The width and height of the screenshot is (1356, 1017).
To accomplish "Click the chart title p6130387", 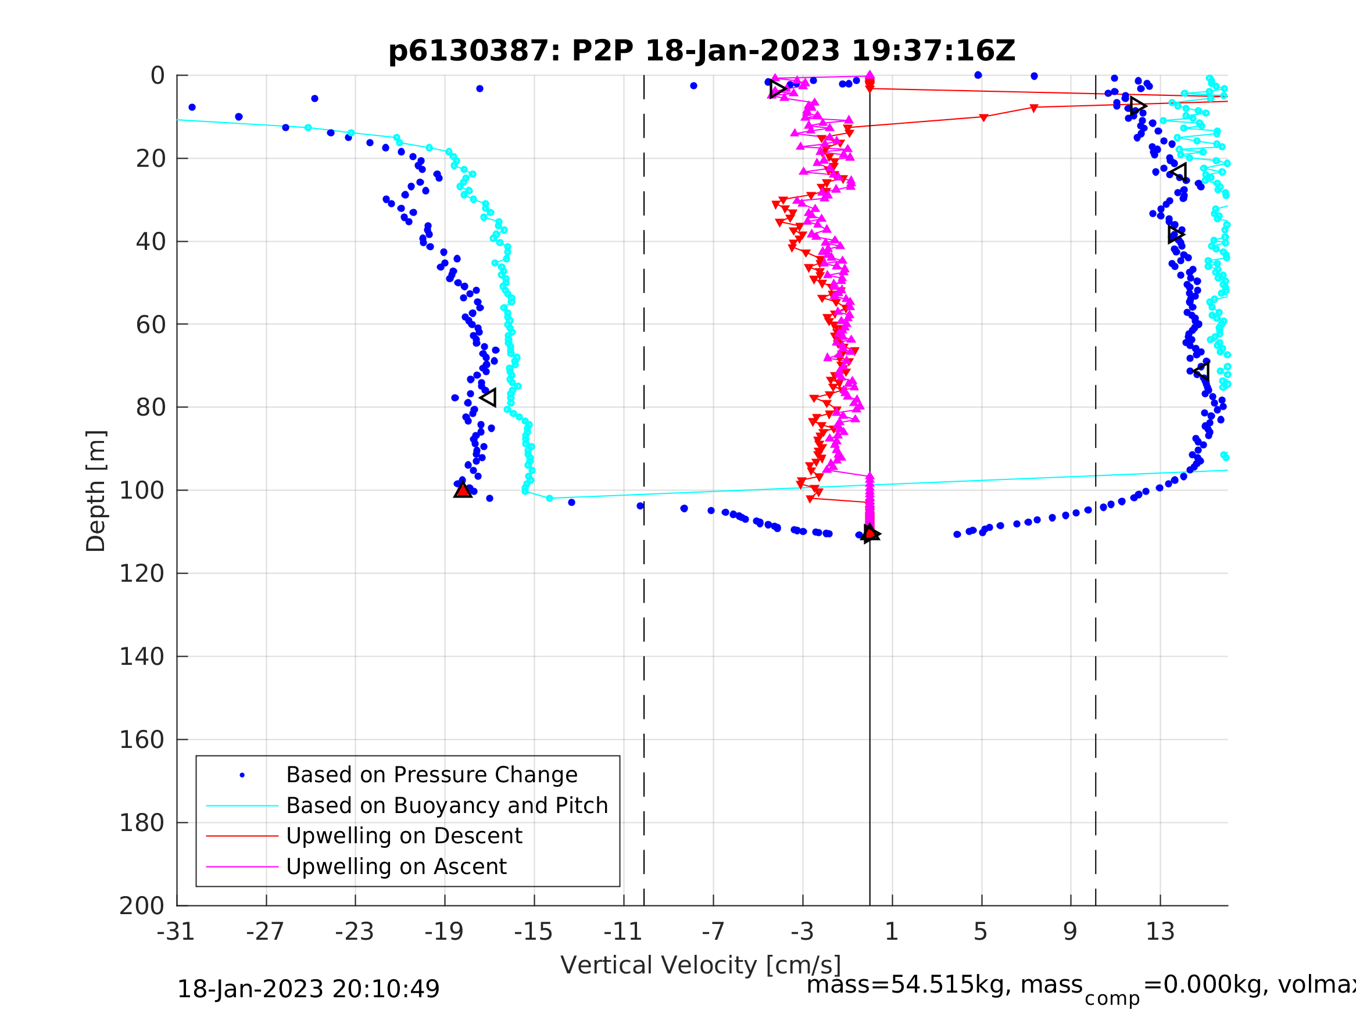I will [702, 51].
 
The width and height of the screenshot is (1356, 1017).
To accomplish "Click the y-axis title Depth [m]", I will [96, 491].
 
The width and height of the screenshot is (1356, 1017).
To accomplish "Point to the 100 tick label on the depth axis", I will [142, 491].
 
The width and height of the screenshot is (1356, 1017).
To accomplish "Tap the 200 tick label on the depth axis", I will [142, 906].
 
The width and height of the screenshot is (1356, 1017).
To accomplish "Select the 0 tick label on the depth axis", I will [158, 76].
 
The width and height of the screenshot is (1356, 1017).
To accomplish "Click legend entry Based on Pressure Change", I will [432, 775].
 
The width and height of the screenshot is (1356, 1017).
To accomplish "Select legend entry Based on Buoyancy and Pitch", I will [447, 806].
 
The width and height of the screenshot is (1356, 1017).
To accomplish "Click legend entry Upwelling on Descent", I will [404, 836].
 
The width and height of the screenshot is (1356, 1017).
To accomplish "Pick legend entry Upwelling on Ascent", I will [396, 867].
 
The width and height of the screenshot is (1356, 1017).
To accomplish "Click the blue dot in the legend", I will [242, 775].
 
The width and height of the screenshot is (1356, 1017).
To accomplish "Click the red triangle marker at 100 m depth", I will [463, 490].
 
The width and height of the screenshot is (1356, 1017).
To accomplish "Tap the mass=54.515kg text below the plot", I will [944, 985].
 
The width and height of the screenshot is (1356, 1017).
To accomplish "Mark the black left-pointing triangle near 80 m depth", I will [489, 398].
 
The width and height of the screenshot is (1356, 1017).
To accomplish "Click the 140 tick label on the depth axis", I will [142, 657].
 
